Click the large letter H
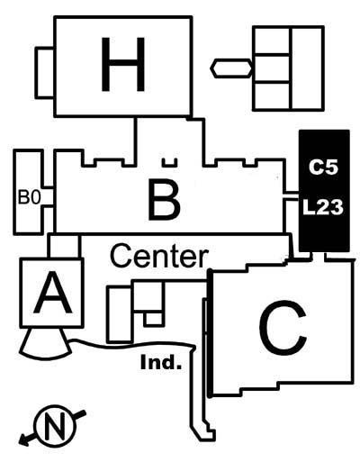[x=123, y=64]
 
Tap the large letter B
[x=164, y=199]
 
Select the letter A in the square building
[x=53, y=292]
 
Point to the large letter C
[x=283, y=328]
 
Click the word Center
[x=159, y=257]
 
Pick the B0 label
[x=29, y=197]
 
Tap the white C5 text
[x=323, y=168]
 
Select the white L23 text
[x=323, y=207]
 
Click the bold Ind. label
[x=161, y=362]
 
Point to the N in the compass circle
[x=55, y=426]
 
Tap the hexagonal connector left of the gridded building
[x=231, y=68]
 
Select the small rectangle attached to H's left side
[x=45, y=73]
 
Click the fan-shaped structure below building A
[x=45, y=344]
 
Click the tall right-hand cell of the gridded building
[x=307, y=68]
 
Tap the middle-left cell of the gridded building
[x=272, y=68]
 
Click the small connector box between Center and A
[x=64, y=246]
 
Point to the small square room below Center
[x=154, y=319]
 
